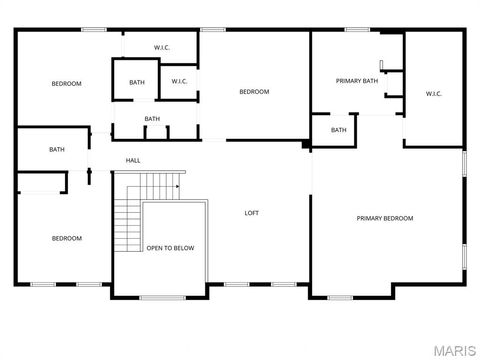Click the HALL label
coord(133,160)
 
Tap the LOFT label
coord(253,212)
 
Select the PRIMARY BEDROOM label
coord(385,218)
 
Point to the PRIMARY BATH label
coord(356,81)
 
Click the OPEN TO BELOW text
coord(170,248)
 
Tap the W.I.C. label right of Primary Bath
coord(433,94)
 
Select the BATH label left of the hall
coord(57,150)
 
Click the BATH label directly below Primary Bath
coord(339,129)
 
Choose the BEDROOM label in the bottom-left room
coord(67,238)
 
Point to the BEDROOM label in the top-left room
coord(66,83)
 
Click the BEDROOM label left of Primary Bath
coord(254,92)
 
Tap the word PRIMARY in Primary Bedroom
coord(370,218)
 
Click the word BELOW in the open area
coord(183,248)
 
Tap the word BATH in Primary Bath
coord(371,81)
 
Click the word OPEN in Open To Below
coord(154,248)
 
